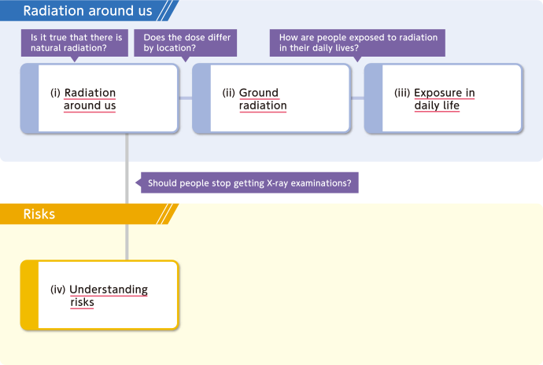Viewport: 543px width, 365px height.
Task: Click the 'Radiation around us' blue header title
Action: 87,11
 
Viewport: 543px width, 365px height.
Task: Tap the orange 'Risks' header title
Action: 39,214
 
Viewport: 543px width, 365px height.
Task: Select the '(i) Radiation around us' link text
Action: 83,99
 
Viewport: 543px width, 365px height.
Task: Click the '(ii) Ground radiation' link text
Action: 254,99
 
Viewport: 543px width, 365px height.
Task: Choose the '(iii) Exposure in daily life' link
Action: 434,99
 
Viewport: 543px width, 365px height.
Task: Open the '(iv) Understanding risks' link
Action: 99,296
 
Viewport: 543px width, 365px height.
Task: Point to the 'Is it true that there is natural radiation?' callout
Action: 75,43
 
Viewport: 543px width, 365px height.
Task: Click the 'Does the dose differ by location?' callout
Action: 186,43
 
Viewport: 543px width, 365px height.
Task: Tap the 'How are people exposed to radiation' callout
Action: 357,43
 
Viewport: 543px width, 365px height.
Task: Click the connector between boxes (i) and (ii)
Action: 186,98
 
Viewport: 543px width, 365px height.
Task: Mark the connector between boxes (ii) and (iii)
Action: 358,98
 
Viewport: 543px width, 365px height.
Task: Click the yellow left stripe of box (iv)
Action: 30,295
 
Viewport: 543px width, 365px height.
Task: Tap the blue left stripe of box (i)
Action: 30,98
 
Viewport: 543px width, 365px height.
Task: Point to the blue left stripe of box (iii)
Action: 374,98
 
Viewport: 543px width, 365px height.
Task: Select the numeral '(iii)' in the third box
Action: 402,93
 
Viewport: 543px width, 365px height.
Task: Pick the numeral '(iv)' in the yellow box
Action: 57,289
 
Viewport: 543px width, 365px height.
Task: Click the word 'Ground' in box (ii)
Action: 259,93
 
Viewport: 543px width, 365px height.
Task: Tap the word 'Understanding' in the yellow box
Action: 109,289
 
